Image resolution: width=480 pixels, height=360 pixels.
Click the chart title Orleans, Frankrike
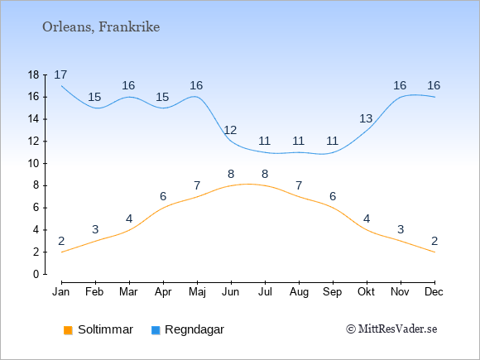[x=101, y=27]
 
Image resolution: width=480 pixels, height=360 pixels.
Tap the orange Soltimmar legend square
[x=68, y=330]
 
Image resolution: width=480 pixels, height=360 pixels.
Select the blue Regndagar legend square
[x=156, y=330]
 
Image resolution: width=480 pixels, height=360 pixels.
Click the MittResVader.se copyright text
[x=391, y=329]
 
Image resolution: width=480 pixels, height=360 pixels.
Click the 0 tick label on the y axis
[x=36, y=274]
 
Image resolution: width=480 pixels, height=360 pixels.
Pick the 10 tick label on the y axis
[x=33, y=164]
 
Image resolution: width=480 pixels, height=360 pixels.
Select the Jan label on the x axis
[x=61, y=292]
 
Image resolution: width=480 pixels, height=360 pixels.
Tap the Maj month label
[x=197, y=292]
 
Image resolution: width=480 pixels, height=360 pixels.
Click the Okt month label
[x=366, y=292]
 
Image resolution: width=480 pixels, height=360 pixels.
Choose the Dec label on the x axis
[x=434, y=292]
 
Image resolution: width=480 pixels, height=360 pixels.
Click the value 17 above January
[x=60, y=74]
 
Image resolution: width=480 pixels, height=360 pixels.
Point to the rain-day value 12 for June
[x=230, y=131]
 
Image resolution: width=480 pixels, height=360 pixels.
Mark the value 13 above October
[x=366, y=118]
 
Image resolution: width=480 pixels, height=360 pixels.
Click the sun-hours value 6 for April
[x=163, y=196]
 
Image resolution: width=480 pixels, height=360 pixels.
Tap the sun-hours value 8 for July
[x=265, y=174]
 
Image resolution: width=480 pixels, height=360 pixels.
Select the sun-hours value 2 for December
[x=434, y=241]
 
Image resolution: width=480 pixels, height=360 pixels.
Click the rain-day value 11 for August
[x=298, y=142]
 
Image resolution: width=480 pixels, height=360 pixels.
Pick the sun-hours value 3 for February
[x=95, y=229]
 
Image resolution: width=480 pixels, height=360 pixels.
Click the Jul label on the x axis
[x=265, y=292]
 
